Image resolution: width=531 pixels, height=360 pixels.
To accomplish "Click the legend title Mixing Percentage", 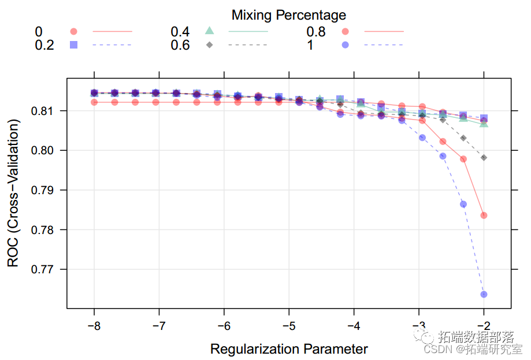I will [289, 14].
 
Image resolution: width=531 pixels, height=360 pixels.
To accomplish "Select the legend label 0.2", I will [45, 44].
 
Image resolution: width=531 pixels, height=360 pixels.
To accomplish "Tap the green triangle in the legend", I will [210, 31].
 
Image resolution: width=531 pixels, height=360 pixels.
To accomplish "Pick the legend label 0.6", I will [180, 44].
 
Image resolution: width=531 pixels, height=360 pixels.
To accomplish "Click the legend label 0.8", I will [315, 31].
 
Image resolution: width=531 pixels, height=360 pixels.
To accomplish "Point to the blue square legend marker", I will [73, 44].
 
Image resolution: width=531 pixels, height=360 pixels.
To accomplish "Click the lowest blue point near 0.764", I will [484, 295].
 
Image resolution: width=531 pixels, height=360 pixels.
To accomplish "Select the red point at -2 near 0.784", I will [484, 216].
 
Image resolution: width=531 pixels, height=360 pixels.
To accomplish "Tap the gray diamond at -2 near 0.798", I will [484, 158].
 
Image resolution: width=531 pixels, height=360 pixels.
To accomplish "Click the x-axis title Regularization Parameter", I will [289, 349].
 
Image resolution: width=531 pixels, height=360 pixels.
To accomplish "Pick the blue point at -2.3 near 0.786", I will [463, 204].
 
